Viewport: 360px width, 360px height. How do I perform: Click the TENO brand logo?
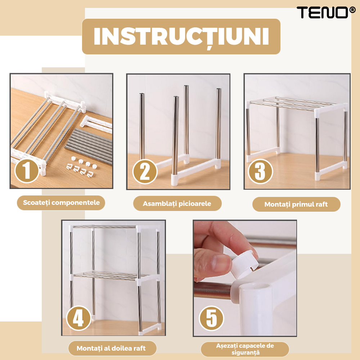tap(326, 12)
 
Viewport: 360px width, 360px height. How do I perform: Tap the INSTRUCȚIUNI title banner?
tap(181, 36)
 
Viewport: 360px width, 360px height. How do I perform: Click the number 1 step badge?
tap(27, 171)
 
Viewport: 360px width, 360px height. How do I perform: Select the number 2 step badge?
tap(145, 171)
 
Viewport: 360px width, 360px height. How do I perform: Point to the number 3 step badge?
tap(260, 171)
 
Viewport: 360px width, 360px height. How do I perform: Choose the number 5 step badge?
tap(211, 318)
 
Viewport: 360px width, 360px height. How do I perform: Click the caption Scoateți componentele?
tap(61, 203)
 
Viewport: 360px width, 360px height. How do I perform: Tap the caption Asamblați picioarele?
tap(177, 203)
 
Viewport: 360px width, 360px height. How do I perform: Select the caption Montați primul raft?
tap(296, 204)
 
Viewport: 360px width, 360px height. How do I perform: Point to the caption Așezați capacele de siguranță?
tap(245, 349)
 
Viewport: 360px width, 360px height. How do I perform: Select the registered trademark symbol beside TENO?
tap(352, 10)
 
